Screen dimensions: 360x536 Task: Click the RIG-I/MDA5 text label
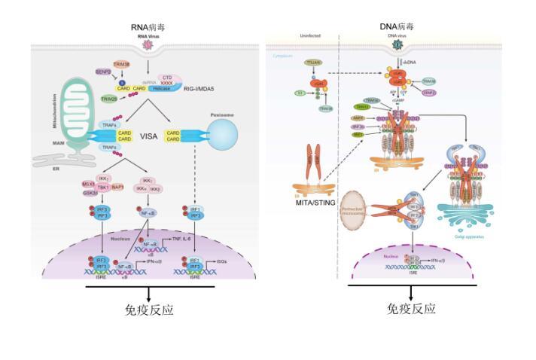(199, 88)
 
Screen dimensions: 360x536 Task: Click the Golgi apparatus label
(477, 235)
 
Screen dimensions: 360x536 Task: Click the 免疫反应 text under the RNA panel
(148, 310)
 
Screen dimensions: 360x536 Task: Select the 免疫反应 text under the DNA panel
(411, 309)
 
